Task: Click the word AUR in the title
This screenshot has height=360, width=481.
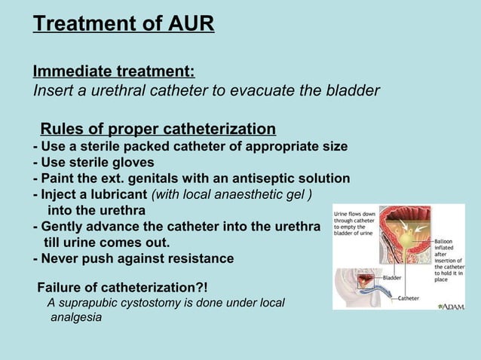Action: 191,24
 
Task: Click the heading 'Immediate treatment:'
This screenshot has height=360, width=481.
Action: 114,72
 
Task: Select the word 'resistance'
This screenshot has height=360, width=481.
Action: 199,258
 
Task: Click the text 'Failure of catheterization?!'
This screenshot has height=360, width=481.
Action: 122,287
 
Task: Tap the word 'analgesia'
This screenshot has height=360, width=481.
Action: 76,318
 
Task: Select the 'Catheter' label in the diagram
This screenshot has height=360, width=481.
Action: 408,298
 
